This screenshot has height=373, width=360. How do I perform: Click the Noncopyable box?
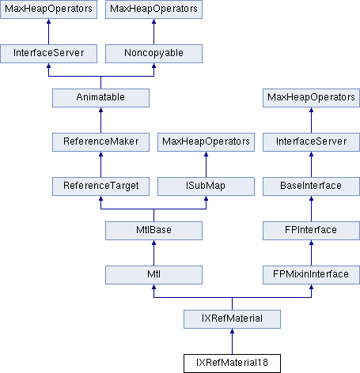coord(153,54)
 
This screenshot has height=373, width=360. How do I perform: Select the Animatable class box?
coord(100,98)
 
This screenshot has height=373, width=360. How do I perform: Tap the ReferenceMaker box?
coord(100,142)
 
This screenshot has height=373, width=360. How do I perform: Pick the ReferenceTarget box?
coord(100,186)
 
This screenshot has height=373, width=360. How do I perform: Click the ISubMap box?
coord(206,186)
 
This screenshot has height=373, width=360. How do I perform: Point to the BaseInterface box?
coord(311,186)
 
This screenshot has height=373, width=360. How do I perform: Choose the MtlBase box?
coord(153,231)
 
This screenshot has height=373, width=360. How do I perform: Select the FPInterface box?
coord(311,231)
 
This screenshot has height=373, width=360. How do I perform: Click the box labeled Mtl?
coord(153,275)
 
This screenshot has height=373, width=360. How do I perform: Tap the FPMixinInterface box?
coord(311,275)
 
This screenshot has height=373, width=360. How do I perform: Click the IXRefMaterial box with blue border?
coord(232,319)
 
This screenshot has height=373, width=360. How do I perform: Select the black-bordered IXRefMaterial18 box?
coord(232,364)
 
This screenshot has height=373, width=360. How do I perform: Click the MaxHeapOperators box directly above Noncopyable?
coord(153,9)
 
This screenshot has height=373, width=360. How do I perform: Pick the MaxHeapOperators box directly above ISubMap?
coord(206,142)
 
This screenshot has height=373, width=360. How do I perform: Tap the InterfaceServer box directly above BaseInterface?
coord(311,142)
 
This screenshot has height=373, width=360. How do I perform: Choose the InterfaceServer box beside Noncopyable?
coord(48,54)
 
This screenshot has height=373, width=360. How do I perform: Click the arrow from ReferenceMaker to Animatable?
coord(100,120)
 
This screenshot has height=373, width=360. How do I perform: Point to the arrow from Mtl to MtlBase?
coord(153,253)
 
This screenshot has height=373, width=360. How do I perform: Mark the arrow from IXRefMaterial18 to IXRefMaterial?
coord(232,341)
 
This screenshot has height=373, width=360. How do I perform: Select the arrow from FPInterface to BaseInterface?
coord(311,209)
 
